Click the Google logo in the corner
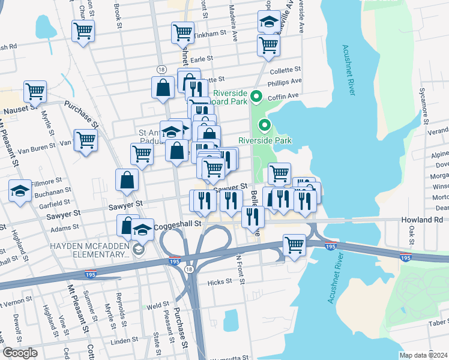20,352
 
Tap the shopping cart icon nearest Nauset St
35,92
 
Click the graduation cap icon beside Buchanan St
20,191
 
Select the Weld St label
158,305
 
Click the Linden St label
125,341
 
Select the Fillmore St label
47,179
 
